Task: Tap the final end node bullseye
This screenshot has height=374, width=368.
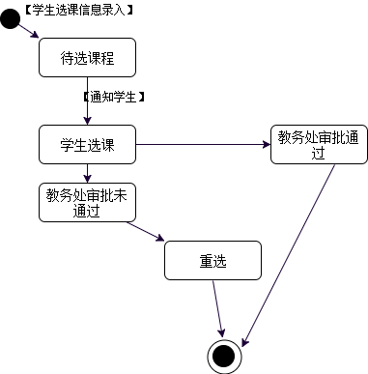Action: click(x=224, y=355)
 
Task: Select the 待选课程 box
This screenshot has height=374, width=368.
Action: click(x=87, y=57)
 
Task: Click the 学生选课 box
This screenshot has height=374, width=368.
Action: click(x=87, y=145)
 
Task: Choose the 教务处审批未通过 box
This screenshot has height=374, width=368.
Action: click(x=87, y=203)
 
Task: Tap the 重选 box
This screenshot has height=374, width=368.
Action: click(x=212, y=260)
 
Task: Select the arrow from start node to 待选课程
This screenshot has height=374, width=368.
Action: click(x=28, y=30)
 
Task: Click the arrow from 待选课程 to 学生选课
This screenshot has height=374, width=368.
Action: click(x=87, y=101)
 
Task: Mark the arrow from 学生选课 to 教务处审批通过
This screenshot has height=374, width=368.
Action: click(x=203, y=145)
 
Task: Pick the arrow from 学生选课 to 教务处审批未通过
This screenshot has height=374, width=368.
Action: click(x=87, y=173)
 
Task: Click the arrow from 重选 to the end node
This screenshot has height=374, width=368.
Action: click(x=219, y=307)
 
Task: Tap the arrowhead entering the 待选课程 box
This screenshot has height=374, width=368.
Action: click(x=37, y=36)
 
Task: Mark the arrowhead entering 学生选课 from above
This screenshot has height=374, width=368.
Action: click(x=87, y=121)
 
